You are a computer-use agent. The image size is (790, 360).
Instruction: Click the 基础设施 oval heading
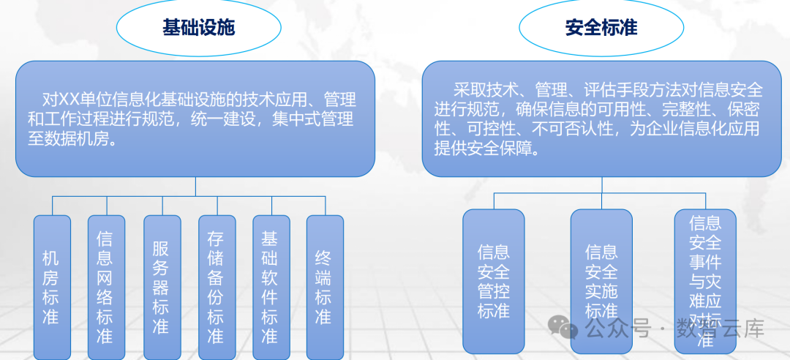coord(198,28)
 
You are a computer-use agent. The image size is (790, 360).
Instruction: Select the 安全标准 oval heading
coord(601,28)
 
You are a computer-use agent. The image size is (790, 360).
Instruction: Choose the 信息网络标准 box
coord(105,287)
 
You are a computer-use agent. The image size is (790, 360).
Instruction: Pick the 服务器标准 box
coord(161,287)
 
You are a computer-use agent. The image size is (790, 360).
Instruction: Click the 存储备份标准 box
coord(216,287)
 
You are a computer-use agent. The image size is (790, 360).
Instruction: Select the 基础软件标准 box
coord(270,287)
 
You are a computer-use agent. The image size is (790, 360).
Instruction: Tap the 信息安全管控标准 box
coord(494,281)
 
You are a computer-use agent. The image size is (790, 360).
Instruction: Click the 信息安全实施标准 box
coord(601,281)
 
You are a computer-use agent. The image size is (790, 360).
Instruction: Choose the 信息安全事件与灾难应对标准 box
coord(705,281)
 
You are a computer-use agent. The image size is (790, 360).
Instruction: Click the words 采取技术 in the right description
coord(486,91)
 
